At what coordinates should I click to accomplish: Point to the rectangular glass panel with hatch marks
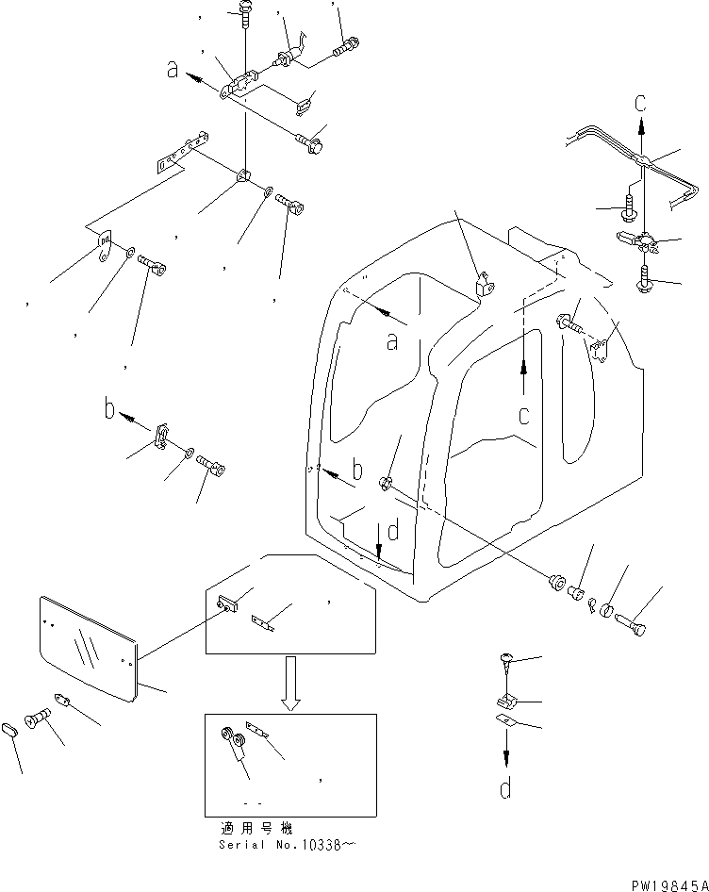pos(90,647)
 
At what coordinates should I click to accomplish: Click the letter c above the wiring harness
pos(640,101)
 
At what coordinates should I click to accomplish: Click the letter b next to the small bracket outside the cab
pos(109,410)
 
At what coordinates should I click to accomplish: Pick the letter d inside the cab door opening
pos(392,532)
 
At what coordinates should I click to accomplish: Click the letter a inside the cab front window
pos(395,340)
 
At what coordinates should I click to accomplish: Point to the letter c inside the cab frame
pos(522,414)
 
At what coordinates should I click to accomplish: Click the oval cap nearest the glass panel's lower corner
pos(12,730)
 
